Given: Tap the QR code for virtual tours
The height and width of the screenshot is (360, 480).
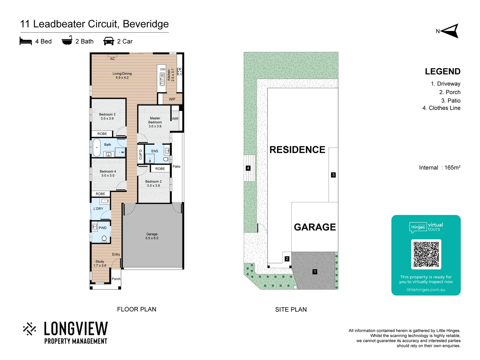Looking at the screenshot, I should pyautogui.click(x=426, y=254).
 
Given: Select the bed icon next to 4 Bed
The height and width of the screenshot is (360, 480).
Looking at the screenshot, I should pyautogui.click(x=26, y=41).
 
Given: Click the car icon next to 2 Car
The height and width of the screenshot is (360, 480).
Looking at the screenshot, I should pyautogui.click(x=109, y=41).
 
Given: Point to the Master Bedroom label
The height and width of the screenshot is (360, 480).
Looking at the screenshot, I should pyautogui.click(x=155, y=122).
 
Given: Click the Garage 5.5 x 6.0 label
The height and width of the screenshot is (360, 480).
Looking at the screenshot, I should pyautogui.click(x=152, y=236).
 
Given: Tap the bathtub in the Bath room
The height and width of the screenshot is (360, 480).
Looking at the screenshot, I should pyautogui.click(x=97, y=148).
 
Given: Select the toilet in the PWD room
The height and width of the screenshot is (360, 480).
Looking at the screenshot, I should pyautogui.click(x=104, y=238).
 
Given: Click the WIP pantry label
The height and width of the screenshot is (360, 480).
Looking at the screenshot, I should pyautogui.click(x=172, y=99).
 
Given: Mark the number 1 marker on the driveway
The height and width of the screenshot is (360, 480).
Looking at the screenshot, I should pyautogui.click(x=315, y=272).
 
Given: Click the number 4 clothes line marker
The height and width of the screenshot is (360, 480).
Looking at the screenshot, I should pyautogui.click(x=248, y=168).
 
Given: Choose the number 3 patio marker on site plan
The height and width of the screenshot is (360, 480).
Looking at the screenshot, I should pyautogui.click(x=333, y=175).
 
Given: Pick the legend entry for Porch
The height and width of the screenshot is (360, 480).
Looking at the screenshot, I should pyautogui.click(x=450, y=92).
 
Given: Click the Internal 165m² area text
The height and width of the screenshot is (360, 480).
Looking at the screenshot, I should pyautogui.click(x=440, y=168).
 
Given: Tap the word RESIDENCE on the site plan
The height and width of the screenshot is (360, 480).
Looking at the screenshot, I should pyautogui.click(x=297, y=150).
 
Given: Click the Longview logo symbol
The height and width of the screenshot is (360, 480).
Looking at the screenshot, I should pyautogui.click(x=29, y=329).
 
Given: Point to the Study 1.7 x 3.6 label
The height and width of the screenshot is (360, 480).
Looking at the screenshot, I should pyautogui.click(x=100, y=263).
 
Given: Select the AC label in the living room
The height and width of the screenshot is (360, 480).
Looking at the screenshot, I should pyautogui.click(x=112, y=59).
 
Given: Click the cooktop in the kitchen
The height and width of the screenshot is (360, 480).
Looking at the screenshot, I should pyautogui.click(x=180, y=71).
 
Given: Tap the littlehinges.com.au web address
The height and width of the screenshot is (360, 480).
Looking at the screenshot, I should pyautogui.click(x=426, y=290).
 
